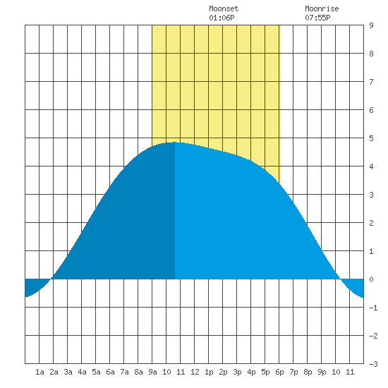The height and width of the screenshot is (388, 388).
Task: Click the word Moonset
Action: tap(224, 8)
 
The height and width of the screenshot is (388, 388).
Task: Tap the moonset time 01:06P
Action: tap(222, 18)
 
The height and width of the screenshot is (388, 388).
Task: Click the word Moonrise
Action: tap(322, 8)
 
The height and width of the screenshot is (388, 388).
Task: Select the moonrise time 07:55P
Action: tap(317, 18)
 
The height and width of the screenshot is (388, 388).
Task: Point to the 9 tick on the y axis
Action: tap(371, 25)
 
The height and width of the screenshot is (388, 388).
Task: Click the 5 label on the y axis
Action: tap(371, 138)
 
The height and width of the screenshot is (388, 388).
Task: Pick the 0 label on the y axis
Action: tap(371, 279)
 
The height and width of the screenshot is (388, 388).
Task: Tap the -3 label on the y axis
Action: tap(373, 364)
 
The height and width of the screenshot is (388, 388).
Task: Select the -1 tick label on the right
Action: tap(373, 308)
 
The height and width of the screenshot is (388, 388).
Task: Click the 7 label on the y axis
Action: tap(371, 82)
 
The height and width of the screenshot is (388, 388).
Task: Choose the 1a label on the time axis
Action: tap(40, 372)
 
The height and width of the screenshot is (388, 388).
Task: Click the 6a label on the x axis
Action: tap(110, 372)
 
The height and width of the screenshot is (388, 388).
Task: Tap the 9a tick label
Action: tap(152, 372)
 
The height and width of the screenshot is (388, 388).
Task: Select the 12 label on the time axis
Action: tap(195, 372)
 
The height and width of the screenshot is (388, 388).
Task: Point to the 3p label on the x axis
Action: tap(237, 372)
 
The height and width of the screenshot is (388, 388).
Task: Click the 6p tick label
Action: tap(279, 372)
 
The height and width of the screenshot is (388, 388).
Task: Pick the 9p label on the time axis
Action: tap(322, 372)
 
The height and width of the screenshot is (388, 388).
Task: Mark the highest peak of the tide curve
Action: tap(175, 142)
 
